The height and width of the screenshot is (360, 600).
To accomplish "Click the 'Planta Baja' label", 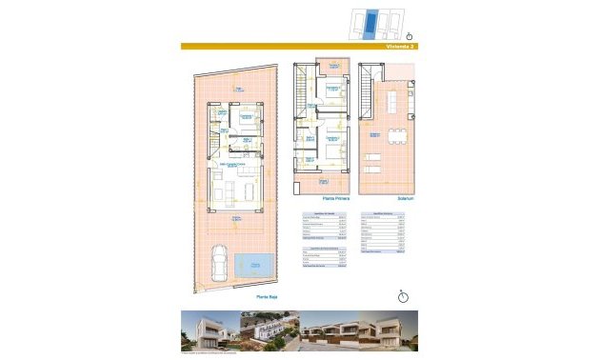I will coord(266,296).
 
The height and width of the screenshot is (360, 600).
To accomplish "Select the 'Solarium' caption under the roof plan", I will coord(390,198).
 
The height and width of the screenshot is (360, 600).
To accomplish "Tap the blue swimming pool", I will coord(253,264).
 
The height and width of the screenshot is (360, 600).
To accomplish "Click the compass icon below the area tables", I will coord(403,295).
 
